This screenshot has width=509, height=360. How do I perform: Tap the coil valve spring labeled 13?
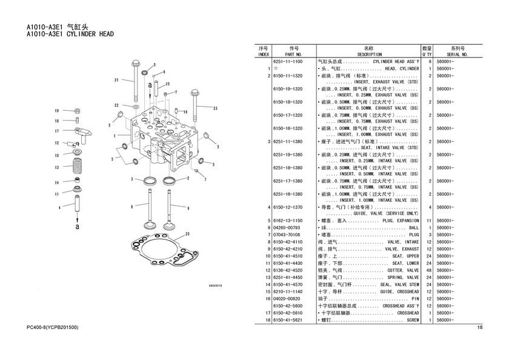click(78, 166)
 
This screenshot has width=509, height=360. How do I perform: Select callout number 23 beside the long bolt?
click(215, 108)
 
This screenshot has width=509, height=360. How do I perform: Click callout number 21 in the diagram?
click(116, 80)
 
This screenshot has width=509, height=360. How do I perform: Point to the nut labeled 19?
click(78, 111)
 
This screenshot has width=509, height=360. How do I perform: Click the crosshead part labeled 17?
click(84, 134)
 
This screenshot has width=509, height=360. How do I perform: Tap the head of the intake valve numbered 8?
click(150, 225)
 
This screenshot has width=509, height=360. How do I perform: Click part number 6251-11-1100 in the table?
click(288, 61)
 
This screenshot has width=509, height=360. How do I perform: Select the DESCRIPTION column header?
click(370, 55)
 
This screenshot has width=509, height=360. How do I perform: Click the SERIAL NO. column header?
click(457, 55)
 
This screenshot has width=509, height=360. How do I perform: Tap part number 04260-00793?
click(287, 227)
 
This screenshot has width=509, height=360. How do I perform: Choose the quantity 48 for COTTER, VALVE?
click(429, 270)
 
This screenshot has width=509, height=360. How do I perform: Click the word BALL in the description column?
click(414, 227)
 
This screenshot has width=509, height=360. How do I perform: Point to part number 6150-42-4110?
click(288, 242)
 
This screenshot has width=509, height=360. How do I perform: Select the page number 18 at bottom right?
click(480, 327)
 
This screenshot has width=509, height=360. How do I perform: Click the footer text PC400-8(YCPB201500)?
click(53, 327)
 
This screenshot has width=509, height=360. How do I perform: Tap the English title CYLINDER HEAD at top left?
click(90, 34)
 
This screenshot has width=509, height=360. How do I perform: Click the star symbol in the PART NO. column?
click(276, 68)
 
